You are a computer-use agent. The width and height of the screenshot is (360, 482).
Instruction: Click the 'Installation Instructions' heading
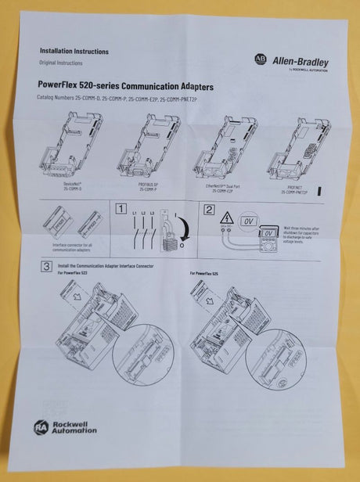pyautogui.click(x=74, y=52)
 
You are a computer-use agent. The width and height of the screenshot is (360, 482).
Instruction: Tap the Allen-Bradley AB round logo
pyautogui.click(x=260, y=59)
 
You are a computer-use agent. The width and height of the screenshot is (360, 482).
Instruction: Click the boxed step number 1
pyautogui.click(x=120, y=209)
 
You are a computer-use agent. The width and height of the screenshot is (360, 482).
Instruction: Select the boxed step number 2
pyautogui.click(x=209, y=209)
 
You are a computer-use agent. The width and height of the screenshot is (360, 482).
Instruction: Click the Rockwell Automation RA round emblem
pyautogui.click(x=41, y=426)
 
